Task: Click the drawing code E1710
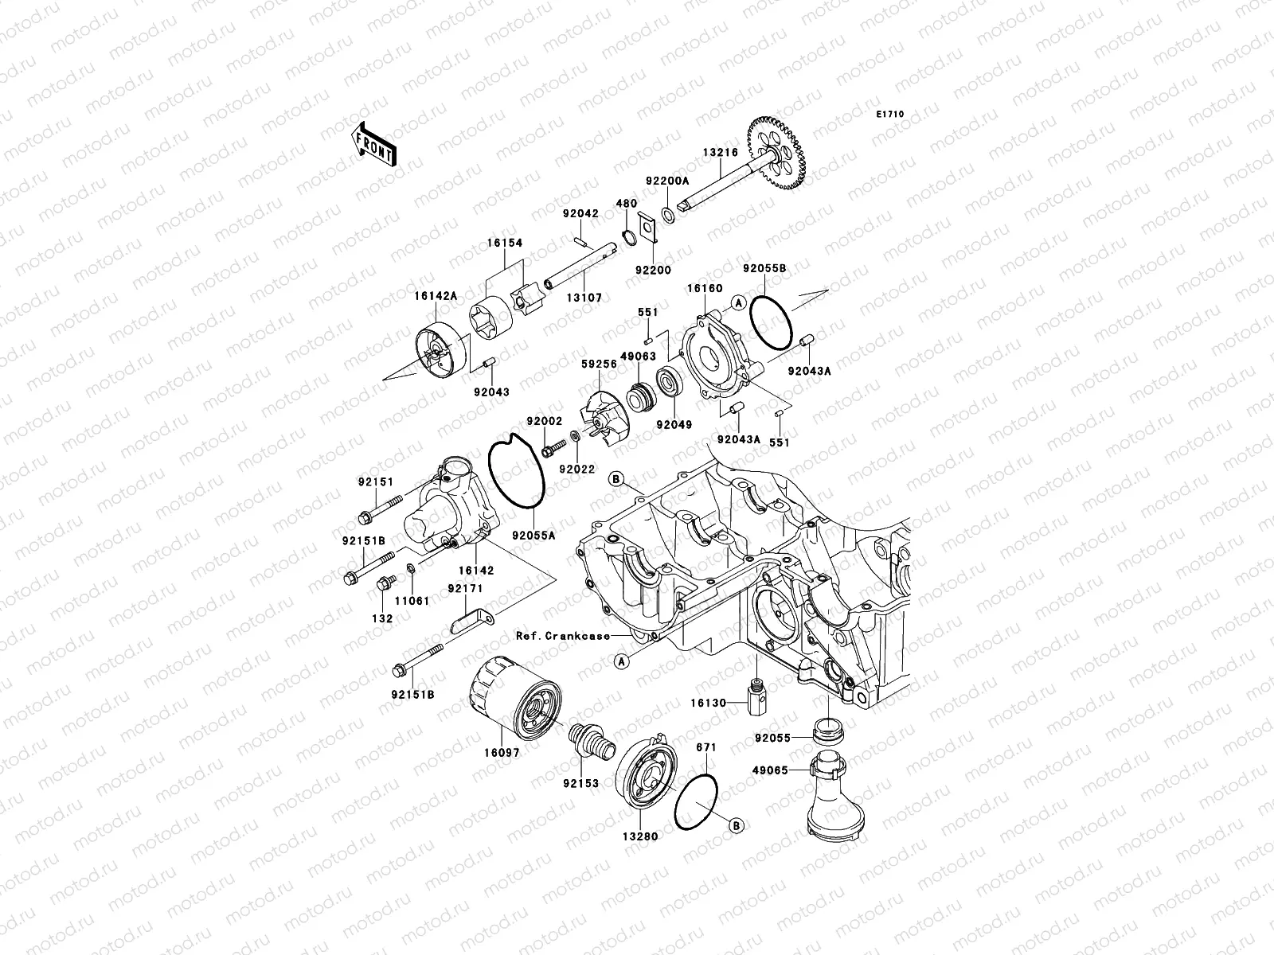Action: click(x=890, y=115)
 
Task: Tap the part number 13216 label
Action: click(x=720, y=153)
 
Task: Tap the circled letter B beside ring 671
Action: click(x=737, y=826)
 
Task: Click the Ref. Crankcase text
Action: click(x=563, y=635)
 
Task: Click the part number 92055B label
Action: click(x=764, y=269)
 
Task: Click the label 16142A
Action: click(x=436, y=295)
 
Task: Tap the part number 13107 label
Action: click(x=585, y=298)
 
